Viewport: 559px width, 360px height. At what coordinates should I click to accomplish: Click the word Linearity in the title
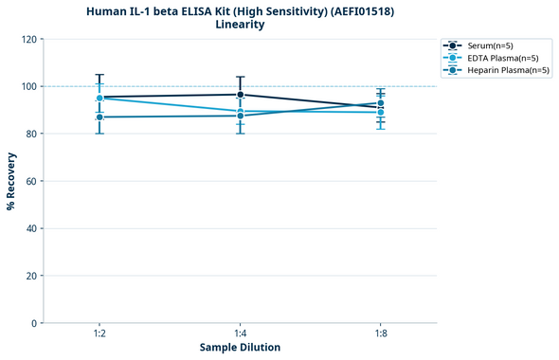point(240,25)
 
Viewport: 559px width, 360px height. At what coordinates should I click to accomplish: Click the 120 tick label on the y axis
point(30,39)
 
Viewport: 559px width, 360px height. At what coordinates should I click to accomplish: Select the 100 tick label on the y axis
point(30,86)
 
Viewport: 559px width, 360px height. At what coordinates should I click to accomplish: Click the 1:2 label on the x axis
point(99,334)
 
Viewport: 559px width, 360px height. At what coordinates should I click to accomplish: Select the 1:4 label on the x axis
point(240,334)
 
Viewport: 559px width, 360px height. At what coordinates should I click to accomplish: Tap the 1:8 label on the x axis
point(380,334)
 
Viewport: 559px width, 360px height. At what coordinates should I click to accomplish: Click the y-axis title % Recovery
point(11,181)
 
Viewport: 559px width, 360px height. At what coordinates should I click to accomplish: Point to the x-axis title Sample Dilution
point(240,348)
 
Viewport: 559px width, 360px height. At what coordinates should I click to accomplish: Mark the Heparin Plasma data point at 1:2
point(99,117)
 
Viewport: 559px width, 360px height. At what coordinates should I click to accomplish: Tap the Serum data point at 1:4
point(240,95)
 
